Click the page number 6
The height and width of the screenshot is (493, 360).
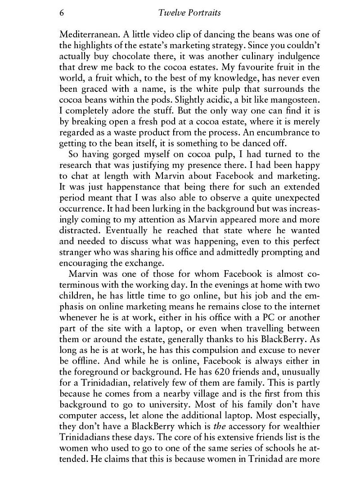tap(61, 13)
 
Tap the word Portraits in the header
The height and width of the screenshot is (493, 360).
tap(203, 13)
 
